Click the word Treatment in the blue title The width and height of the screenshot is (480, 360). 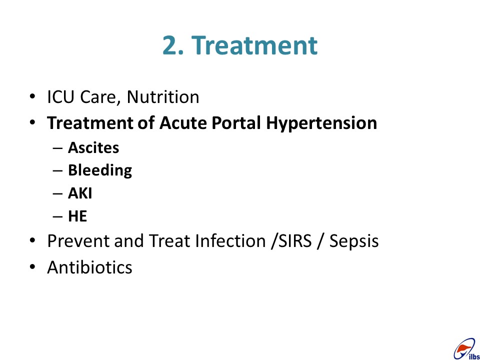[254, 45]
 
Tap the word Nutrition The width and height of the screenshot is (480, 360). [163, 97]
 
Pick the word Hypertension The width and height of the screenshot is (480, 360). [321, 124]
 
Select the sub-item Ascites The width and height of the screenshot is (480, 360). [93, 148]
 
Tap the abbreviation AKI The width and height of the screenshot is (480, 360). [80, 193]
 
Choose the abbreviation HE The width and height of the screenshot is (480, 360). [77, 216]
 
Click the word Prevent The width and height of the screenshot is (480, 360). [78, 241]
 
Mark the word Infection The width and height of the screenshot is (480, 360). [230, 241]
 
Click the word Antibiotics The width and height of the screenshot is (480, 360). [89, 267]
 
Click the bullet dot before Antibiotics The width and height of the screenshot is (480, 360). [32, 267]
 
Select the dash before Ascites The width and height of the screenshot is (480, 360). [57, 148]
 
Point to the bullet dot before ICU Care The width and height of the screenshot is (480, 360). [32, 96]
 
